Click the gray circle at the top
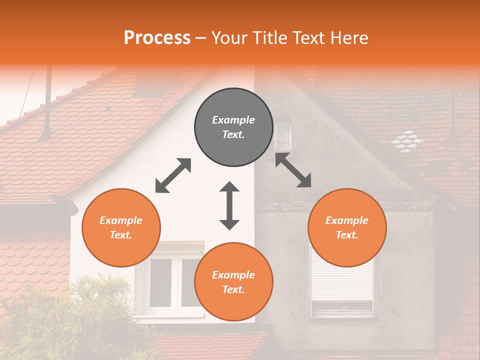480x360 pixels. pos(233,127)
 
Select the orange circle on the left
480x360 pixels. pos(121,227)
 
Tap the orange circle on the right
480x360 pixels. pos(347,227)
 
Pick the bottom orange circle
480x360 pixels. pos(233,282)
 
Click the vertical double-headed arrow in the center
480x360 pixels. pos(229,205)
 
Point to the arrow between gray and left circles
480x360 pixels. pos(173,175)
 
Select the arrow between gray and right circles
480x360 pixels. pos(293,170)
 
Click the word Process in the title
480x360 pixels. pos(157,37)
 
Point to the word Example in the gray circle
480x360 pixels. pos(233,120)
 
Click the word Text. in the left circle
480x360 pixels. pos(121,235)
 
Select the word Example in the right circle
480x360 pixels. pos(347,220)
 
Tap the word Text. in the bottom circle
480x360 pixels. pos(233,289)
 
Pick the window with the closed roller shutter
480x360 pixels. pos(342,285)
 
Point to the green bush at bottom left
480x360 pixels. pos(75,320)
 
